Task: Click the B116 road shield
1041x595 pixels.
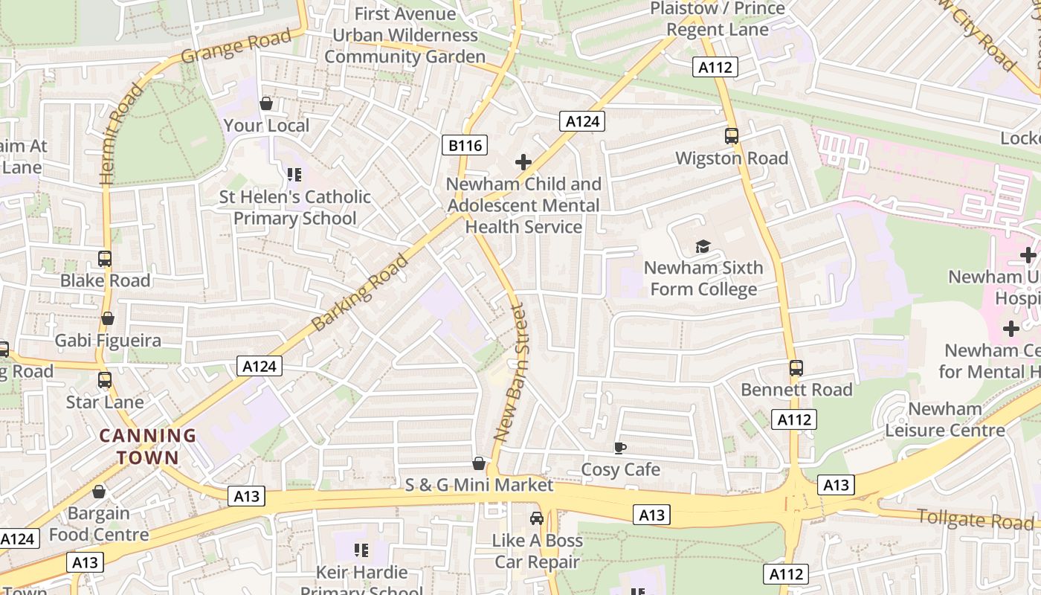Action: (465, 146)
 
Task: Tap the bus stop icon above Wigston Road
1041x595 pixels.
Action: (732, 136)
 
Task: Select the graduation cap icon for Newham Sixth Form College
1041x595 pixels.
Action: (703, 246)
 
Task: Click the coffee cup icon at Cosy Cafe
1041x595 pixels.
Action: (620, 448)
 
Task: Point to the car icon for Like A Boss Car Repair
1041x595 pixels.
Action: (537, 518)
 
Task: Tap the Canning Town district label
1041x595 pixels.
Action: (148, 446)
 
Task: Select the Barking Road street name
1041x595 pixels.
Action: (361, 292)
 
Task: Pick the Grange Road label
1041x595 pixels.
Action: (236, 46)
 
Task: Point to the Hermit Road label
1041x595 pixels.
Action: (119, 135)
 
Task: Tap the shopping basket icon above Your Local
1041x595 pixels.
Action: (266, 103)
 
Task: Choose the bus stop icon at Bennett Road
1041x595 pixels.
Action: (796, 368)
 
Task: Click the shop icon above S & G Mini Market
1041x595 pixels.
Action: (480, 463)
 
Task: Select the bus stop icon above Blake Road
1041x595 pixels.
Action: (105, 259)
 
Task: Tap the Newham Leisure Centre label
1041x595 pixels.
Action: (944, 419)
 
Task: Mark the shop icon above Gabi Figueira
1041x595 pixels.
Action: (108, 318)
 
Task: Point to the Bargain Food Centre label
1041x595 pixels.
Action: (99, 524)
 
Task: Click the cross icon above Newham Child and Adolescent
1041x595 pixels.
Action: (523, 162)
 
